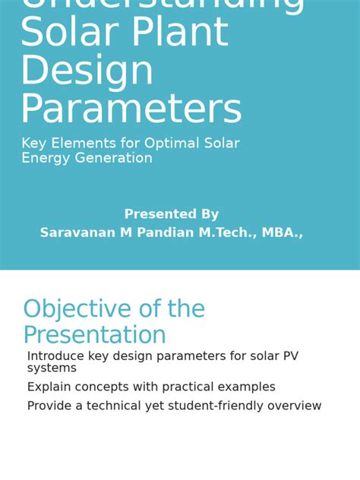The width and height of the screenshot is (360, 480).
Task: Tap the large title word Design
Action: (87, 71)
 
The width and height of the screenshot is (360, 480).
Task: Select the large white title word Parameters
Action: (131, 110)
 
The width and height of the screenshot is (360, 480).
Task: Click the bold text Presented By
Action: (172, 214)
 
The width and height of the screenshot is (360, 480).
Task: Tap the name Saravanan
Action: (78, 232)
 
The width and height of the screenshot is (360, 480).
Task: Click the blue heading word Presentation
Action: (94, 335)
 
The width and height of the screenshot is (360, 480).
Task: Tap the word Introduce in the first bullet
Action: (55, 356)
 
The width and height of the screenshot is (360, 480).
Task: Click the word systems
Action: (52, 368)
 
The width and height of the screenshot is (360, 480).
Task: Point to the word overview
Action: (293, 406)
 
